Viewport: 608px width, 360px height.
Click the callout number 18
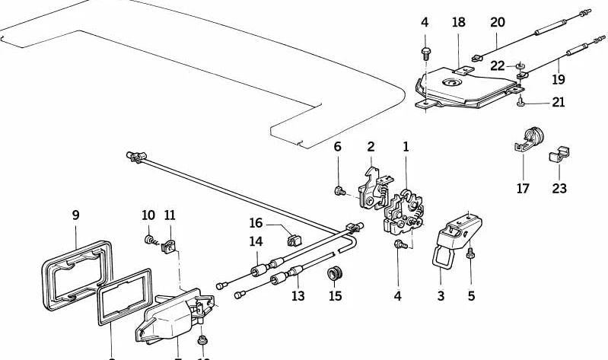pos(458,23)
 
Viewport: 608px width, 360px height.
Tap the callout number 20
pos(497,23)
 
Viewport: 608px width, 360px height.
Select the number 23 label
pos(559,189)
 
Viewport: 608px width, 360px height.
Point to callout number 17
pos(523,189)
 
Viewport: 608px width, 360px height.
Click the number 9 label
pos(75,215)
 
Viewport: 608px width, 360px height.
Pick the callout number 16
pos(256,223)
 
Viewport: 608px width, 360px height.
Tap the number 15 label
pos(336,295)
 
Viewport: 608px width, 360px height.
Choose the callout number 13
pos(298,295)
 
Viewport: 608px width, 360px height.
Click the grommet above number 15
pos(333,272)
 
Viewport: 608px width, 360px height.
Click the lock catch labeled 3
pos(452,236)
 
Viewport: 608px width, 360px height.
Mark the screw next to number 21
pos(521,100)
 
